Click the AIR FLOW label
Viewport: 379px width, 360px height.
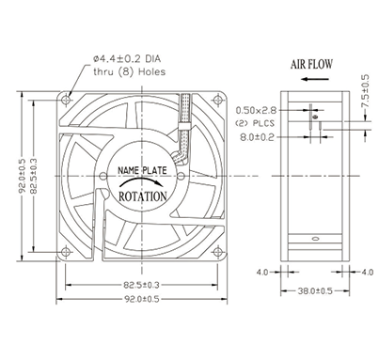[311, 64]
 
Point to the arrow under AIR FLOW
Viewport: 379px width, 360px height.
[315, 79]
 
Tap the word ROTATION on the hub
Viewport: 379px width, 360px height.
[143, 196]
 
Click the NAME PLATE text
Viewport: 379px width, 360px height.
[142, 170]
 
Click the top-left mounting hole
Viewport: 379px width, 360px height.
[66, 101]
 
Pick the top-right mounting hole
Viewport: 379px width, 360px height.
[217, 101]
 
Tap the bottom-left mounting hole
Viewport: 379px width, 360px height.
[66, 252]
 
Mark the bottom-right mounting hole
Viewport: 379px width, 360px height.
[217, 252]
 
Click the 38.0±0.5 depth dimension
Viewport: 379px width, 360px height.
[315, 291]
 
